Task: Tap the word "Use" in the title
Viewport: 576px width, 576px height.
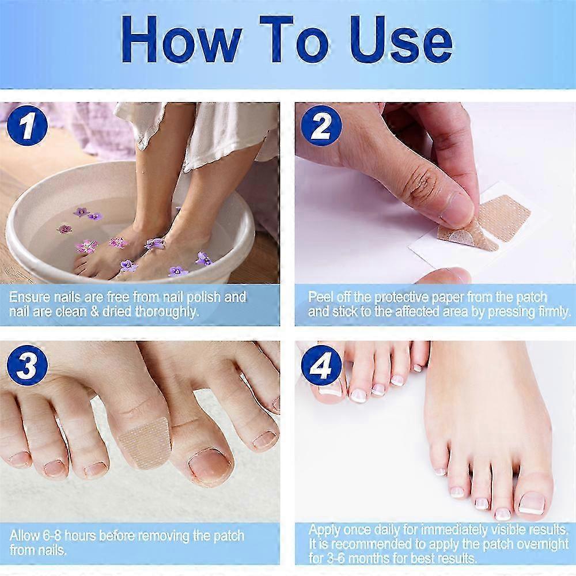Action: tap(397, 40)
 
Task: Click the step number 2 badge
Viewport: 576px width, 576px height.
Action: tap(321, 126)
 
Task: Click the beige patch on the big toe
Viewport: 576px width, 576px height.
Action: tap(145, 441)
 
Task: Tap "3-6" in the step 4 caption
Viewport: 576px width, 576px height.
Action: tap(333, 558)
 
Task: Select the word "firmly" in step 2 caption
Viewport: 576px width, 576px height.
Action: tap(550, 312)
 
